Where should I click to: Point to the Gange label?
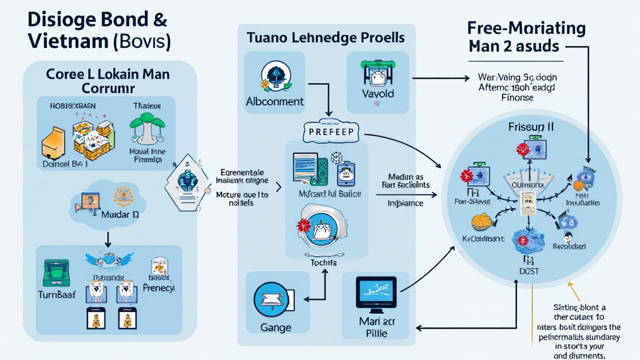pyautogui.click(x=275, y=327)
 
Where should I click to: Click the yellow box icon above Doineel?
pyautogui.click(x=54, y=141)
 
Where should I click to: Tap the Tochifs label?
pyautogui.click(x=323, y=263)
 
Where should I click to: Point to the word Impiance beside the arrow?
pyautogui.click(x=405, y=203)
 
